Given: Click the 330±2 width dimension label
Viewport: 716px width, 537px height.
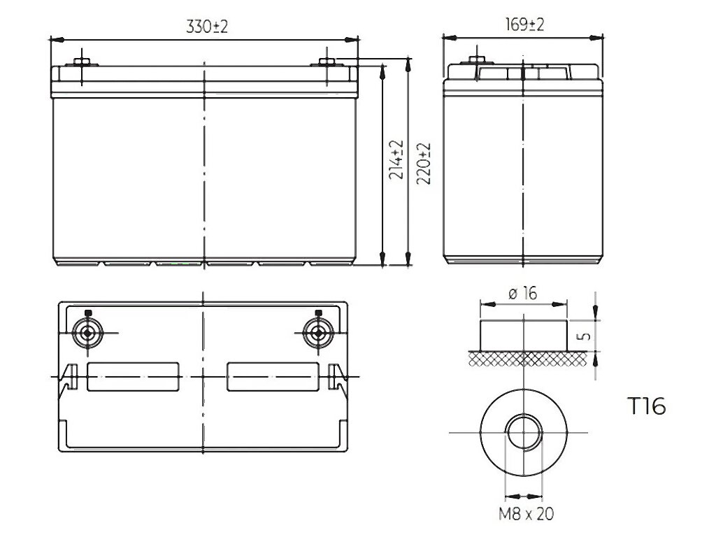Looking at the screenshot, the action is [207, 27].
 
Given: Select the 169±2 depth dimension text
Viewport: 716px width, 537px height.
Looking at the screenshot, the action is [524, 24].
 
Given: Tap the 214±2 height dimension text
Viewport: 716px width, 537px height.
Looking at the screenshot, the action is [396, 159].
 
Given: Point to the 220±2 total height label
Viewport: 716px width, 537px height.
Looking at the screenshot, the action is [423, 164].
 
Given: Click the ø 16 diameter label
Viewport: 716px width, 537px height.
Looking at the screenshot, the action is [522, 293].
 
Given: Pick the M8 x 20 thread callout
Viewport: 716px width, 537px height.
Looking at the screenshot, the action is [526, 514].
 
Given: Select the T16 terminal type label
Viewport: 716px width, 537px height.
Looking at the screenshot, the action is [647, 406].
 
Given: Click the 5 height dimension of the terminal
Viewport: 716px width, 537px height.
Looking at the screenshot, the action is [584, 336].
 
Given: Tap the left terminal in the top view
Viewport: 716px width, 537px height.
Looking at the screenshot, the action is [87, 334].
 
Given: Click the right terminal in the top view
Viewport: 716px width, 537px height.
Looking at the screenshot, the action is [319, 334].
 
